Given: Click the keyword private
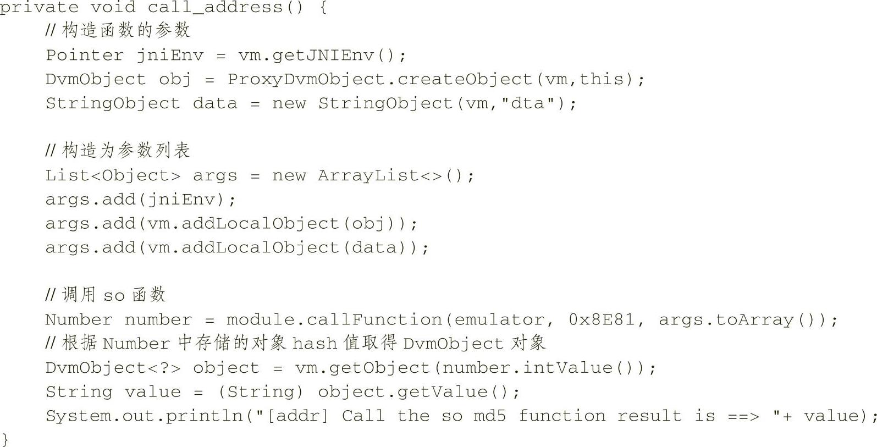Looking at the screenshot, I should pyautogui.click(x=38, y=8).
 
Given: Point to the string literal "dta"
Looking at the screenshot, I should pyautogui.click(x=527, y=104).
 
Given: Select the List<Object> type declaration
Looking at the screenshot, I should pyautogui.click(x=113, y=176).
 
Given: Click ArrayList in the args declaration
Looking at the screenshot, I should pyautogui.click(x=368, y=176).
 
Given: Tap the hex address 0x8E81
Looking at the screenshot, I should pyautogui.click(x=602, y=320).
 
